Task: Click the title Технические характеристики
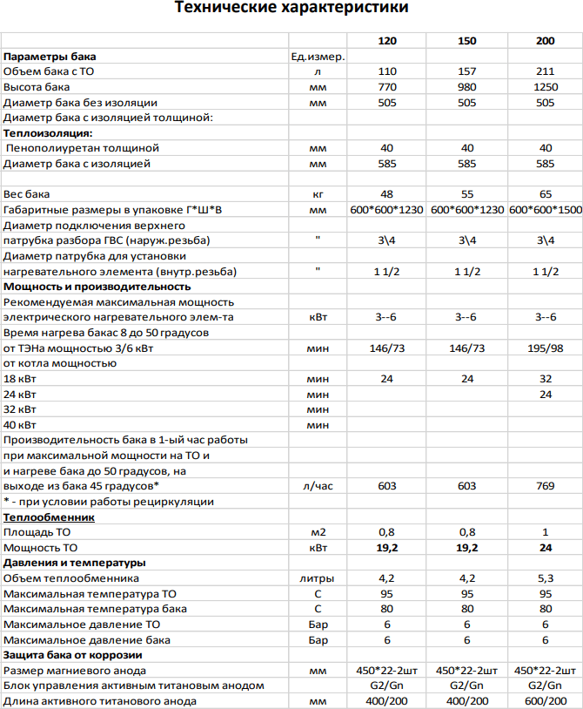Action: click(x=291, y=9)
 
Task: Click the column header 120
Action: click(x=387, y=42)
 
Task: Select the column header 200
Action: click(x=546, y=42)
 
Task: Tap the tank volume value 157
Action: click(x=466, y=72)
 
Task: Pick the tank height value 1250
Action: click(x=546, y=87)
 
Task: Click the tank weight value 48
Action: click(x=387, y=194)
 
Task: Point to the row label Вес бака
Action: click(x=27, y=194)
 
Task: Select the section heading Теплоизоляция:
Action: click(x=48, y=133)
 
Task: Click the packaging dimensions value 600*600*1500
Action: click(x=546, y=210)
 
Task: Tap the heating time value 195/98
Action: click(x=546, y=348)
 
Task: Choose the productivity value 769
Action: click(x=546, y=486)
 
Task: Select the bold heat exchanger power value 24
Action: click(x=546, y=548)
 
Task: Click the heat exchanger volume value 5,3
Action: click(x=546, y=578)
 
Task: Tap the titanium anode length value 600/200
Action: click(x=546, y=701)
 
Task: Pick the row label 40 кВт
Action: click(x=21, y=424)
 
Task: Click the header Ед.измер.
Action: click(x=318, y=57)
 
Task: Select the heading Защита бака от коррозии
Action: click(x=73, y=655)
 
